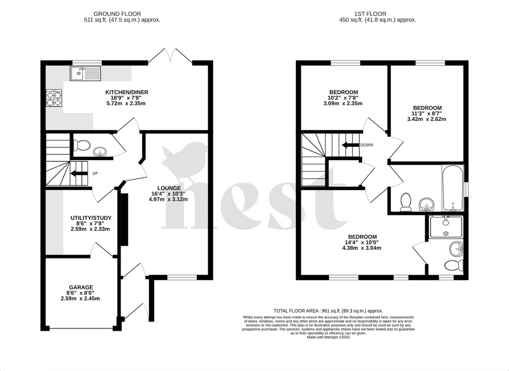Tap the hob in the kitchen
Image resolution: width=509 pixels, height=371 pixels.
[54, 98]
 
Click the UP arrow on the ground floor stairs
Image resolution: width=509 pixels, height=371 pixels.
[79, 173]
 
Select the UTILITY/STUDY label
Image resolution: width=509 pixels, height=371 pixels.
[91, 218]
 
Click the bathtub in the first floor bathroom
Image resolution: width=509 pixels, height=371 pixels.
[452, 189]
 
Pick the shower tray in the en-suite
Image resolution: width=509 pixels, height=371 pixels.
[445, 226]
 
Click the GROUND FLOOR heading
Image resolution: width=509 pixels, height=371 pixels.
[122, 13]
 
